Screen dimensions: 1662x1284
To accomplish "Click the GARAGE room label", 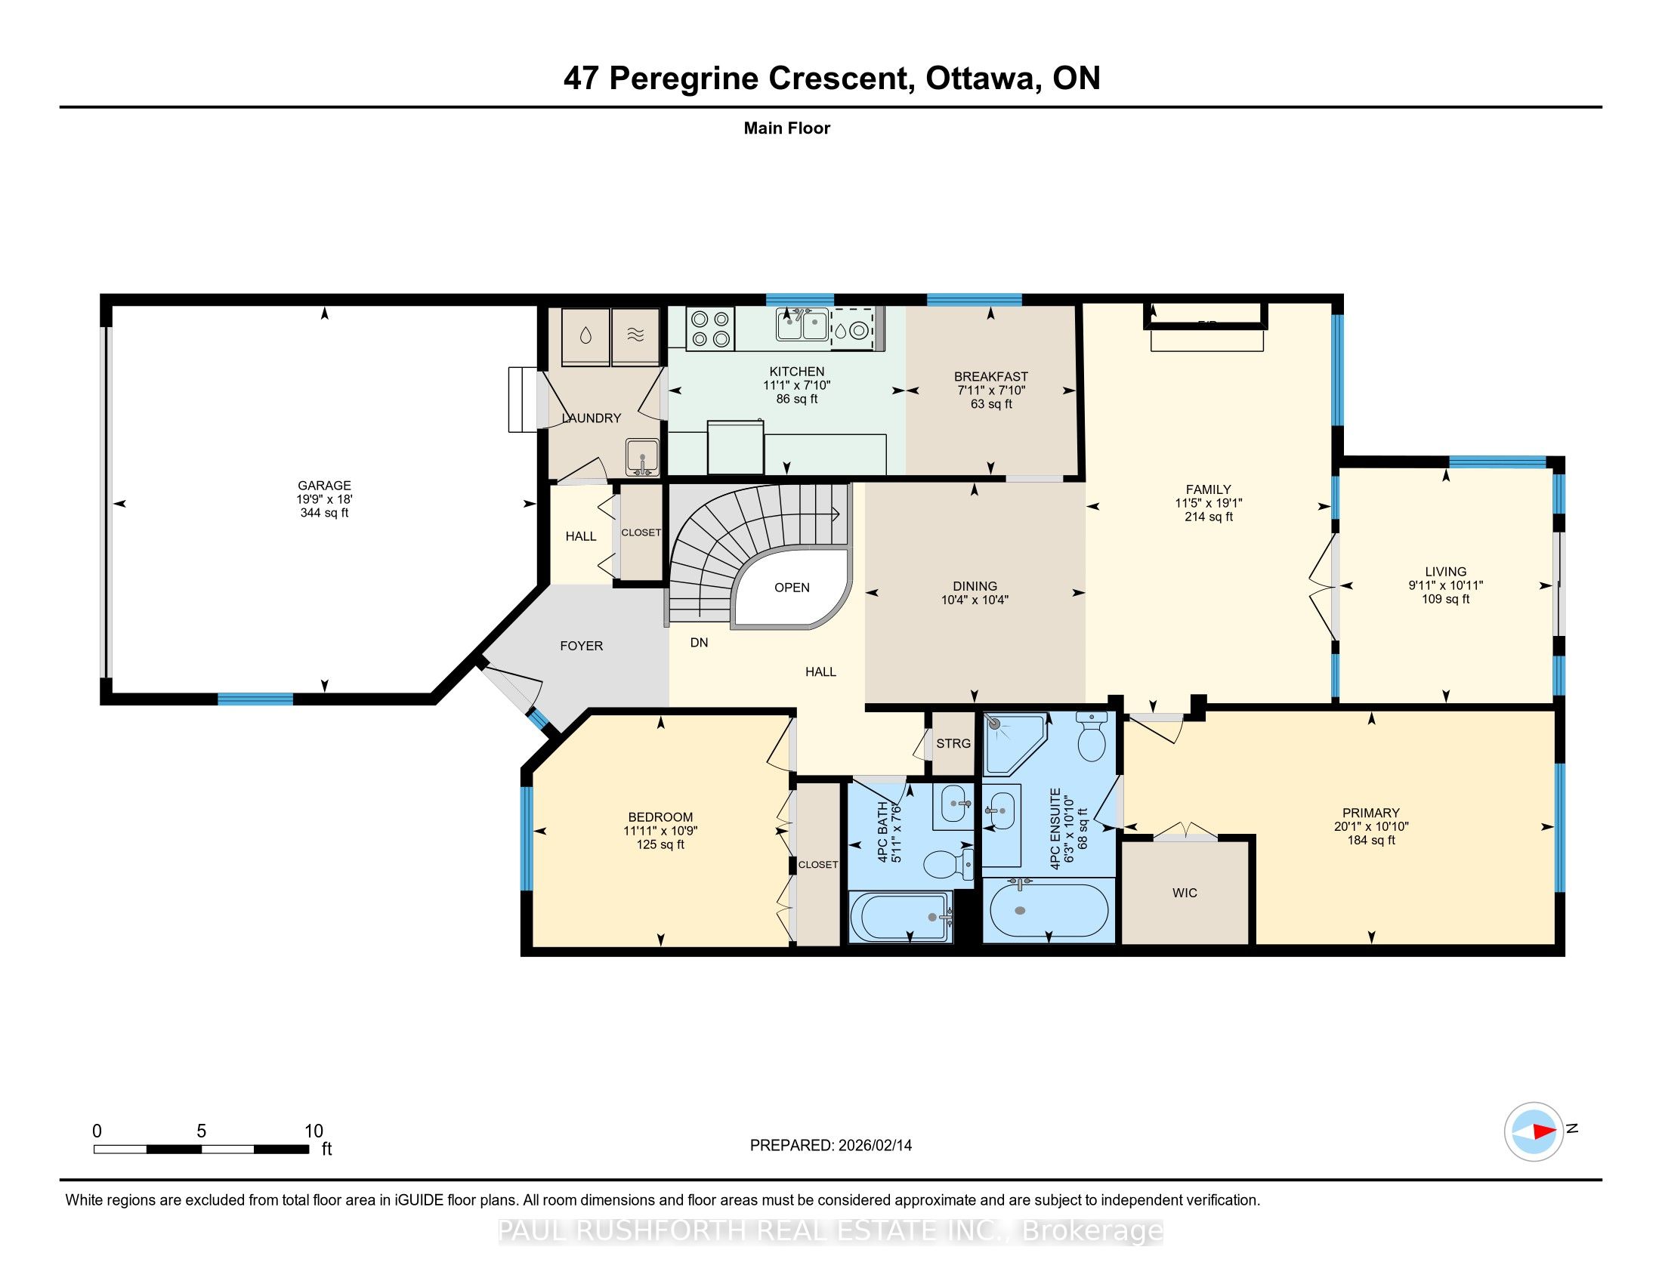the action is (x=324, y=486).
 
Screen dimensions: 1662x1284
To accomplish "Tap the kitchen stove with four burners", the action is (x=710, y=329).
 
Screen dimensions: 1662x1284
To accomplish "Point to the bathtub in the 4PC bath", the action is (x=901, y=917).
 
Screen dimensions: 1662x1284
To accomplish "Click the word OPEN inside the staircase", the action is (x=792, y=587).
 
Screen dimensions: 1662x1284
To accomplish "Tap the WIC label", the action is (x=1185, y=892).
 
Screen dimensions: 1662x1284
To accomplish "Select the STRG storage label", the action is (x=953, y=743).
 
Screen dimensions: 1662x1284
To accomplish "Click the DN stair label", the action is (x=699, y=643).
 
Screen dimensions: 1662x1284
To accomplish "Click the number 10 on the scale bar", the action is (x=314, y=1131).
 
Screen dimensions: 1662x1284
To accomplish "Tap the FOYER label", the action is (x=582, y=646).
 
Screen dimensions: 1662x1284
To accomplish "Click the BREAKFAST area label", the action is (x=991, y=377).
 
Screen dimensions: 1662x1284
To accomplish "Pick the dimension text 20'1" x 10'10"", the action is (x=1371, y=826).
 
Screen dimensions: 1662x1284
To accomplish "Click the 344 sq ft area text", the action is (x=324, y=513).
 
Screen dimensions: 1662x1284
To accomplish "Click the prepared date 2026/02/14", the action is (x=874, y=1146).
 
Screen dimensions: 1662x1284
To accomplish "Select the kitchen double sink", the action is (x=803, y=326).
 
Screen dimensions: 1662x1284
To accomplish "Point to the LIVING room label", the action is (x=1445, y=571).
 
